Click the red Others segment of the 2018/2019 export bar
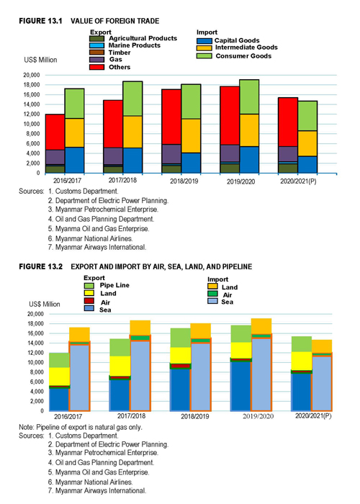tap(171, 117)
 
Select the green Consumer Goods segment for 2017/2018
tap(132, 99)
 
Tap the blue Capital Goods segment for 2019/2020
tap(249, 160)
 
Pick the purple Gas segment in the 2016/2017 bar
tap(55, 157)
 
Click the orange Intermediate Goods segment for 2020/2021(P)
tap(307, 143)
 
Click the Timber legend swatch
tap(96, 53)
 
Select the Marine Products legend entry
tap(125, 45)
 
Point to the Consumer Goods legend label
tap(243, 56)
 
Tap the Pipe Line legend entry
tap(107, 285)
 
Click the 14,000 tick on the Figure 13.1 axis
tap(32, 104)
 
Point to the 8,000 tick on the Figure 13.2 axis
tap(36, 372)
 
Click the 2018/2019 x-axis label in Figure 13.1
tap(184, 181)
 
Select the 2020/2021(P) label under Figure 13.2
tap(313, 415)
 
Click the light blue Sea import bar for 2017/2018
tap(140, 376)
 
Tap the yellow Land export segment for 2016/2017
tap(60, 377)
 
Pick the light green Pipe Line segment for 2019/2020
tap(241, 334)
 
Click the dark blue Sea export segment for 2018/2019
tap(180, 390)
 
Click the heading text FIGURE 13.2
tap(41, 266)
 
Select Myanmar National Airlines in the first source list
tap(94, 238)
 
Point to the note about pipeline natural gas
tap(81, 427)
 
